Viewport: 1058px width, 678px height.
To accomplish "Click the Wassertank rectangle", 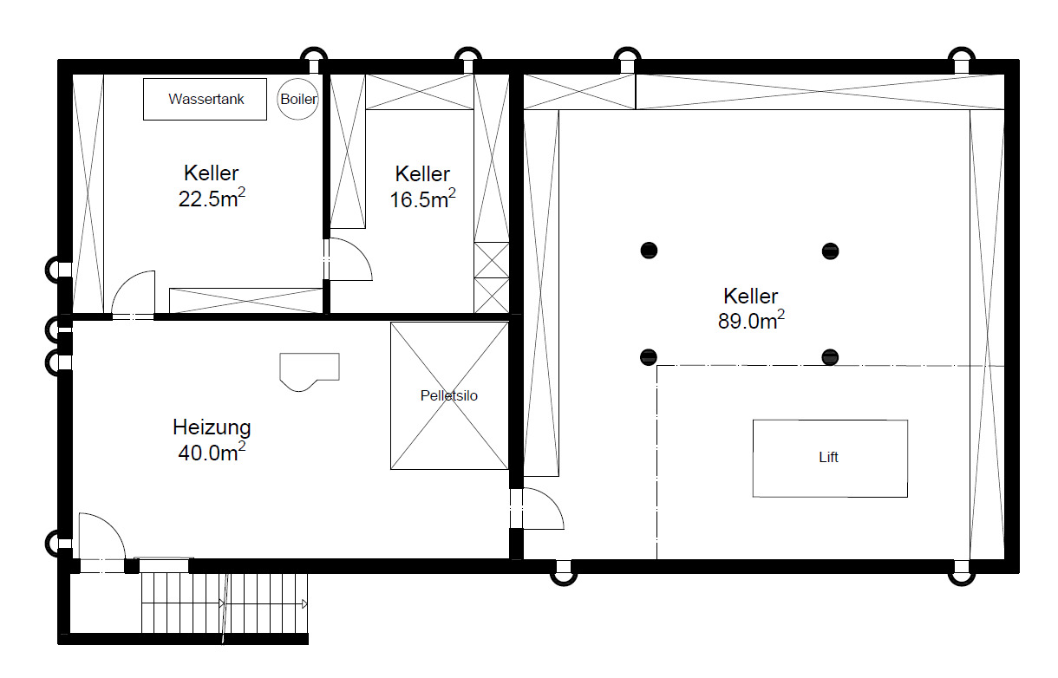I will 205,100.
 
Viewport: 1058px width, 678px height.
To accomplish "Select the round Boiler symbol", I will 298,100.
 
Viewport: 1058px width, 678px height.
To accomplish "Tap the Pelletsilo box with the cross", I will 449,396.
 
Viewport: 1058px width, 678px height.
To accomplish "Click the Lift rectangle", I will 829,458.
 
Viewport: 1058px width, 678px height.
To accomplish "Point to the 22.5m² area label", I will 211,199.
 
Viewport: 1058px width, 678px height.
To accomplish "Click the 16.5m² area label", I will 422,199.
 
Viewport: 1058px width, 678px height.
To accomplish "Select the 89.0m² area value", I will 751,321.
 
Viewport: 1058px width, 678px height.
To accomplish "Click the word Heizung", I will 212,427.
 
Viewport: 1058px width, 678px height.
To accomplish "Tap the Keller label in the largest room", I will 751,297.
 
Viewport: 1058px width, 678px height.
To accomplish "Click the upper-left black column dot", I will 649,251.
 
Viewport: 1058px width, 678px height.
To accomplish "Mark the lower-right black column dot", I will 831,356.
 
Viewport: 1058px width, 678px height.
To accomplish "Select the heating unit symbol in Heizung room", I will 309,370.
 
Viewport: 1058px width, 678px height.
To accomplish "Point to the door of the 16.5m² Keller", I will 349,259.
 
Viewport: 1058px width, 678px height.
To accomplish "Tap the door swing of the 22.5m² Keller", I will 134,295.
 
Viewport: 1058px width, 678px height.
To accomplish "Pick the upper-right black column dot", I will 831,251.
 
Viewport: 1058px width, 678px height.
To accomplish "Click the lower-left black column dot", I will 649,356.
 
